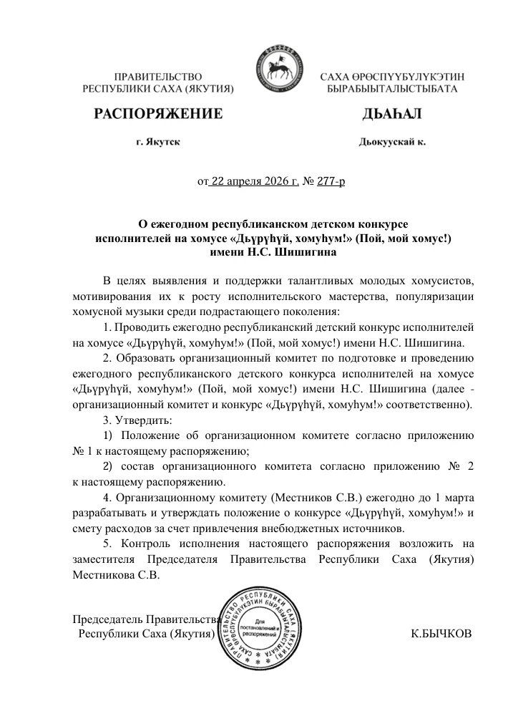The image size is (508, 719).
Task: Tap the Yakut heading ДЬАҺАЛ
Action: tap(393, 114)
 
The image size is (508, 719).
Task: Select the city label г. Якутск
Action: tap(157, 143)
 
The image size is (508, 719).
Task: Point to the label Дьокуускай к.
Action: tap(392, 143)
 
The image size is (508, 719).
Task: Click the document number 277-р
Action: tap(331, 182)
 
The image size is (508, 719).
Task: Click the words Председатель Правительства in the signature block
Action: tap(145, 619)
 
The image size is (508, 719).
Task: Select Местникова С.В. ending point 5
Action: tap(117, 575)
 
